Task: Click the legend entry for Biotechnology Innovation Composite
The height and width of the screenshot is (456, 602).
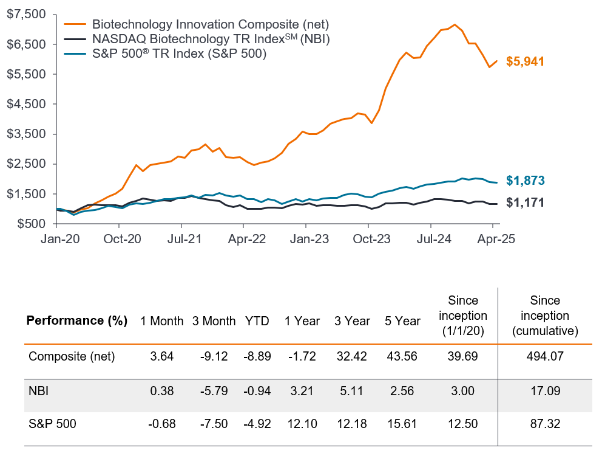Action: [210, 25]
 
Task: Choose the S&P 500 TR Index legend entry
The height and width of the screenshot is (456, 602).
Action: [180, 54]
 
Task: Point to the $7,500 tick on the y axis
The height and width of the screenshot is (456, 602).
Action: [27, 15]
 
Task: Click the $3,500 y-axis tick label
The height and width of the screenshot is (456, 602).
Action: [27, 134]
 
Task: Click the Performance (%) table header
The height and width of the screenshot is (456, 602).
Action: [76, 321]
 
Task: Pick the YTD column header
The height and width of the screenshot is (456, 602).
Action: [257, 321]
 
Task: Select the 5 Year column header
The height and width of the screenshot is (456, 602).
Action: [402, 321]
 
